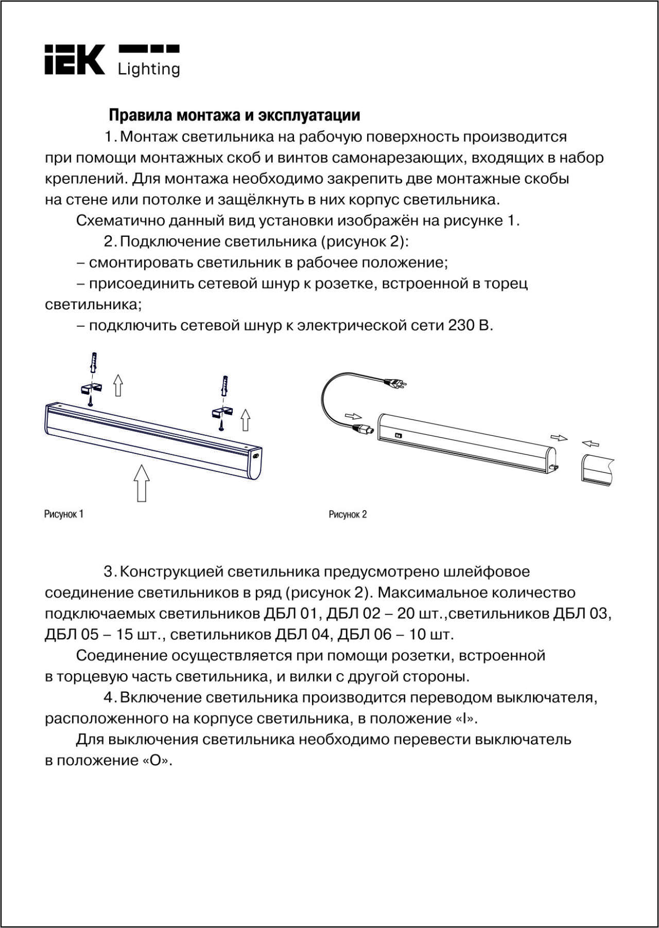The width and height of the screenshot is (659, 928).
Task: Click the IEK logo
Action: tap(74, 60)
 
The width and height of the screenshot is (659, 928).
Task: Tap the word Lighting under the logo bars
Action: tap(149, 69)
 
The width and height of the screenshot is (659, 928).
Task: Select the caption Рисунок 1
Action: tap(64, 514)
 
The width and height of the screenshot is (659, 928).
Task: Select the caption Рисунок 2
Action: tap(348, 514)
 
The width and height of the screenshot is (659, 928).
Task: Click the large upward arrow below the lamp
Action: tap(142, 482)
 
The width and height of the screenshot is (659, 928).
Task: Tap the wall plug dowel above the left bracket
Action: tap(94, 364)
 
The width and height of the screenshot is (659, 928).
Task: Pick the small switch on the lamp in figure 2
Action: tap(398, 435)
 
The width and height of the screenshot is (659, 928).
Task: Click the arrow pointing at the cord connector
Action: tap(353, 415)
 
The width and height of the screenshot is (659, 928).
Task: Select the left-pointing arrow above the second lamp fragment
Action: tap(591, 443)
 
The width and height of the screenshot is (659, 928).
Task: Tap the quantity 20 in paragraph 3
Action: tap(420, 614)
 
